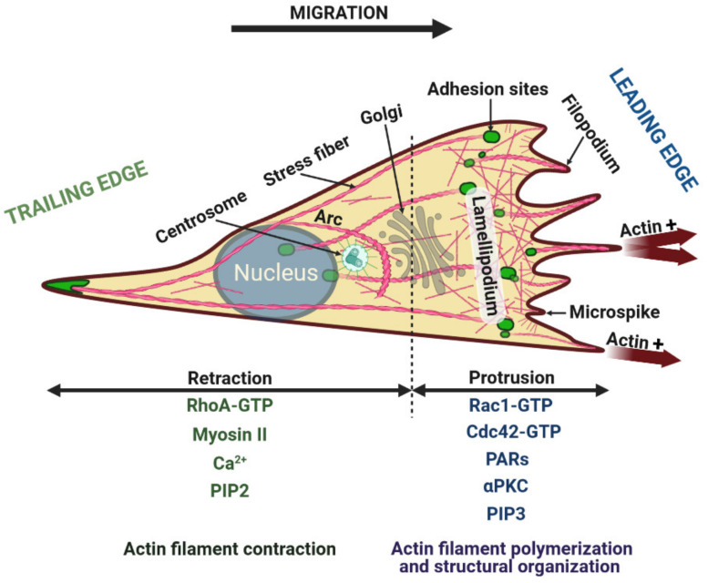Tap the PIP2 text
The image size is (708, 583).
[231, 489]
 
